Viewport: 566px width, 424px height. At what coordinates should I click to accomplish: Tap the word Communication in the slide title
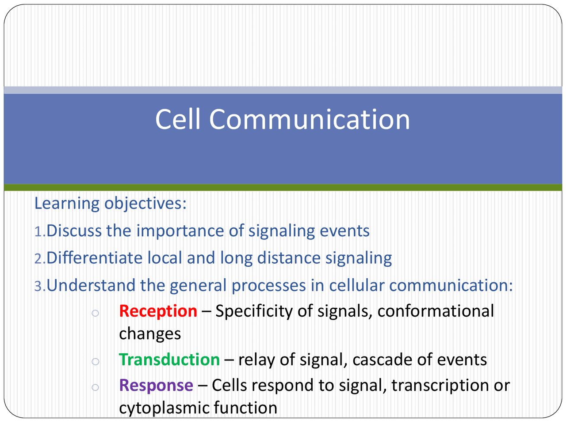(x=310, y=119)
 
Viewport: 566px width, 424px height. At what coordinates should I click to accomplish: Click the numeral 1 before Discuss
(x=38, y=231)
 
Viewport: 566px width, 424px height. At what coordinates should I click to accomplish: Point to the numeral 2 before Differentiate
(x=38, y=259)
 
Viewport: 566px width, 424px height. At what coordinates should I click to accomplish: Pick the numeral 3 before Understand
(x=38, y=286)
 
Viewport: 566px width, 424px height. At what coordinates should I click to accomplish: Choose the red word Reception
(x=158, y=311)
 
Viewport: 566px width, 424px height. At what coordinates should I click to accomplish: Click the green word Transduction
(x=169, y=360)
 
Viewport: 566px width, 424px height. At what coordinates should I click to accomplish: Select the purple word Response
(x=156, y=386)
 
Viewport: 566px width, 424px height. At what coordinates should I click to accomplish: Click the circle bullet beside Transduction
(x=95, y=362)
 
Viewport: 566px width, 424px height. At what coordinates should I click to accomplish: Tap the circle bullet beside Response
(x=95, y=387)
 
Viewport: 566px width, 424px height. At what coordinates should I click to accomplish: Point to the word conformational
(x=436, y=311)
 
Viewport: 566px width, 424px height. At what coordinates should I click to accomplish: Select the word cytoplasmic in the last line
(x=164, y=408)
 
